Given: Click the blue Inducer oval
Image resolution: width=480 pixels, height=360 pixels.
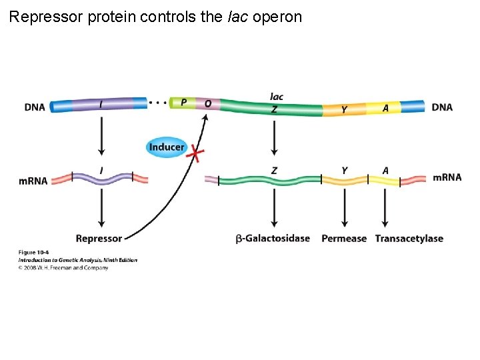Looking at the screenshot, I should coord(167,147).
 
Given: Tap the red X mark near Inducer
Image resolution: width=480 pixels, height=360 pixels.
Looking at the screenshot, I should coord(195,154).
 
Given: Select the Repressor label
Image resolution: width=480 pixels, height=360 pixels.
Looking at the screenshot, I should coord(99,239).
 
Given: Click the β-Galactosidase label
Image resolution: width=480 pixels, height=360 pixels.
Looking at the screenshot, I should coord(273,239).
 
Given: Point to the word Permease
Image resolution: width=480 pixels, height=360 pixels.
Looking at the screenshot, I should coord(344,239).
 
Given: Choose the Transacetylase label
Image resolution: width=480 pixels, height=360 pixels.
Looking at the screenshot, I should coord(409,239).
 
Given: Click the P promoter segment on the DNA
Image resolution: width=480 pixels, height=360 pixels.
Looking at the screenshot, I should coord(183,103).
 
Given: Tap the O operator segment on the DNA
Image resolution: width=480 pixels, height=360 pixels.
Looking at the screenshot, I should coord(207,104).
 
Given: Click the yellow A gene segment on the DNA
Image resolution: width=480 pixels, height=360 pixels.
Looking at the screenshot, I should coord(385,108).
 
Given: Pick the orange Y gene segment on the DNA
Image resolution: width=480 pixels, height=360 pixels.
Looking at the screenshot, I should coord(344,109).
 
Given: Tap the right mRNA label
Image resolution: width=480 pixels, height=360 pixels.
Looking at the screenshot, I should coord(447,177).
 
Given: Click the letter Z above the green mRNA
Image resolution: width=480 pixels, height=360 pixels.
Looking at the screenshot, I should coord(274,171).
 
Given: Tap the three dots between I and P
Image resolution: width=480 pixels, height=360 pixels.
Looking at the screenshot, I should coord(157,103).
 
